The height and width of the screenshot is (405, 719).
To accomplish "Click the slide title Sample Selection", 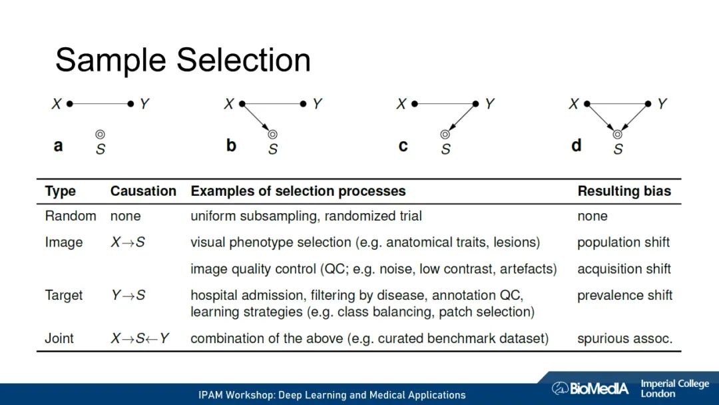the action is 183,61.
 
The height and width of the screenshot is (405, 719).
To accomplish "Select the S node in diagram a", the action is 100,135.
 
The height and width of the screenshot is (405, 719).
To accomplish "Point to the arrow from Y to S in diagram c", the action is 461,119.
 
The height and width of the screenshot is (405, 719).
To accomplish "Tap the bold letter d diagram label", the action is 577,145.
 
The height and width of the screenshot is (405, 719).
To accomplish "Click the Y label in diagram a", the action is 144,104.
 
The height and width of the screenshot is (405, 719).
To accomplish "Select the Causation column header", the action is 143,191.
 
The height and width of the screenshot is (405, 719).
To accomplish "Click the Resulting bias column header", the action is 624,191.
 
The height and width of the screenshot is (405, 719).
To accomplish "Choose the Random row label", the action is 70,216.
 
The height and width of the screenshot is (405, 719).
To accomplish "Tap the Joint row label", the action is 59,338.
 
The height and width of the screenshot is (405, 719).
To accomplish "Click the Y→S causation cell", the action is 128,295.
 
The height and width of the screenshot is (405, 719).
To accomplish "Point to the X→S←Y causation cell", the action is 140,338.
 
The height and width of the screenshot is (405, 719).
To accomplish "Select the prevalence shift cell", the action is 624,295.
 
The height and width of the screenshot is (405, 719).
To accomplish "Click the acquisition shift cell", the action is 624,269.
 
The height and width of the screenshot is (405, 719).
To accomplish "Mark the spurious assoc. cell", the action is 624,338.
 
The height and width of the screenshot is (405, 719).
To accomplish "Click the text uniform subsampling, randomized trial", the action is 306,216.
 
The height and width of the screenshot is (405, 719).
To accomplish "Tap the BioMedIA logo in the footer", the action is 590,388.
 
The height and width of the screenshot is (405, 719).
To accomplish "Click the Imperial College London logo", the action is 674,388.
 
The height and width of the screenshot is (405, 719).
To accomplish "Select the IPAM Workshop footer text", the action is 332,395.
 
